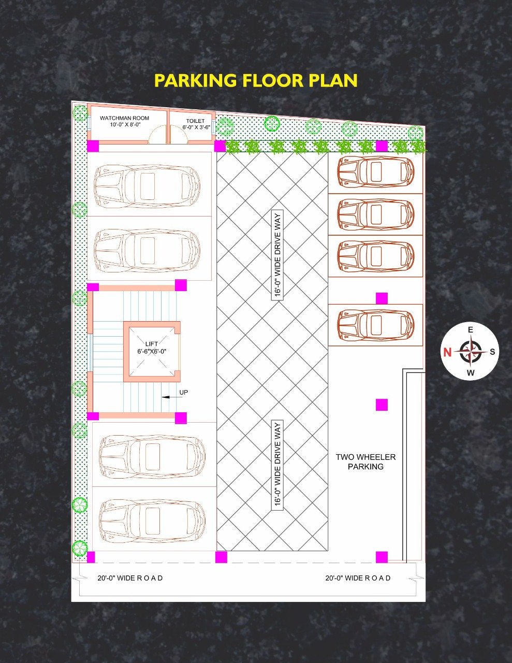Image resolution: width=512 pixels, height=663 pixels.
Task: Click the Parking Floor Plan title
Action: [256, 81]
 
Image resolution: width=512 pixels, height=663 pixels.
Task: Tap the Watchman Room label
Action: [124, 121]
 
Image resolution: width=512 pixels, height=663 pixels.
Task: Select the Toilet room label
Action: [196, 124]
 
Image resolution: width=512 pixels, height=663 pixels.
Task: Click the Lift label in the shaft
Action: [152, 348]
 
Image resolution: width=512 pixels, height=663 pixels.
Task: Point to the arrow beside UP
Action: [170, 397]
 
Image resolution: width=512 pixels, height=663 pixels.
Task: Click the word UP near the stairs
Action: [184, 392]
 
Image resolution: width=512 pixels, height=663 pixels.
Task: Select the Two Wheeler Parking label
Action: [365, 462]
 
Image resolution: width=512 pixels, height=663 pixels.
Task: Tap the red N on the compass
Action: [447, 352]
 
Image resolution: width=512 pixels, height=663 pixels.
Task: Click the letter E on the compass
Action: [471, 330]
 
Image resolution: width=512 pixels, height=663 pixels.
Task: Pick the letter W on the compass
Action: [471, 372]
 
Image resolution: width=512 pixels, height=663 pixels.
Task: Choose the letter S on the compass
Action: [492, 352]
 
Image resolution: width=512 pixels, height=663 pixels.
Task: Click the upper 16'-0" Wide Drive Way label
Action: [277, 255]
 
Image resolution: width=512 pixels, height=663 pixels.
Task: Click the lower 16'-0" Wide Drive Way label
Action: [277, 465]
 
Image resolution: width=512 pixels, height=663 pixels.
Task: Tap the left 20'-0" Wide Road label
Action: [130, 578]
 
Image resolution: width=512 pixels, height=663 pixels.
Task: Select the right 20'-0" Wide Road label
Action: [358, 578]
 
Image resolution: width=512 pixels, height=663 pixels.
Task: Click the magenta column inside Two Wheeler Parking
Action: [382, 405]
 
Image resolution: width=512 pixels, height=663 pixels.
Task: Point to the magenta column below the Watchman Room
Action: [93, 146]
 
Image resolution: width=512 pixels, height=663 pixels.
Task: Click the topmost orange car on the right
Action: [376, 172]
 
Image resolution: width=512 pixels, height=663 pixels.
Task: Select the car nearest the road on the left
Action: [152, 521]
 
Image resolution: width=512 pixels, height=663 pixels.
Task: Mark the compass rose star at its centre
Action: [471, 351]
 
